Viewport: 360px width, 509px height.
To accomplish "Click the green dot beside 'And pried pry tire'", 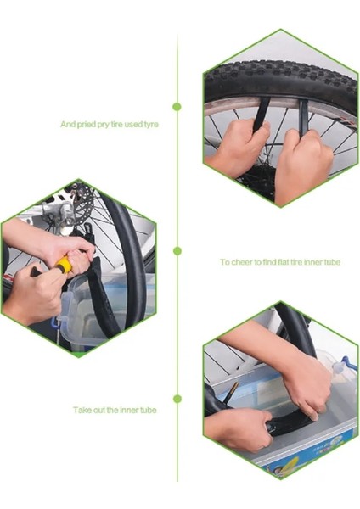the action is [177, 107].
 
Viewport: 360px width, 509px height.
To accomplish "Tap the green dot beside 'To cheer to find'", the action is [177, 250].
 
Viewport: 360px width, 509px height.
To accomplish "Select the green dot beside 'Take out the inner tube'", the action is [177, 399].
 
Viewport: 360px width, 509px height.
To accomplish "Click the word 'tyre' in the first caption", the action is [151, 125].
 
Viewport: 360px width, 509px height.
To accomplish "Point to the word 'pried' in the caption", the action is [87, 125].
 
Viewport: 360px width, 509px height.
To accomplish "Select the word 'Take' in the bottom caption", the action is [81, 410].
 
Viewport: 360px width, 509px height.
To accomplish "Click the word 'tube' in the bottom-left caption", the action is [148, 410].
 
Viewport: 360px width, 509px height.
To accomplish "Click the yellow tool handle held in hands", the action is [63, 264].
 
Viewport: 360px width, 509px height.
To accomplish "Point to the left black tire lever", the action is [262, 115].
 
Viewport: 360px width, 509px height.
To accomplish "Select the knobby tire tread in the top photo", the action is [281, 76].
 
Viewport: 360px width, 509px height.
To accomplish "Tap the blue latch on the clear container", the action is [54, 322].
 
